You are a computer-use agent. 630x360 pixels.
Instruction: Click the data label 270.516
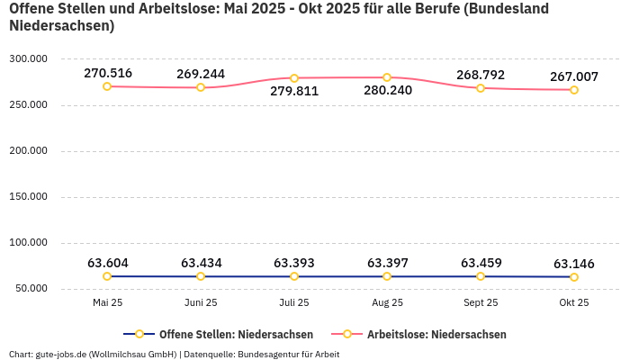click(x=107, y=73)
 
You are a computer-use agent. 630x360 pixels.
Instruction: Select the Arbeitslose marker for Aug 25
click(x=387, y=77)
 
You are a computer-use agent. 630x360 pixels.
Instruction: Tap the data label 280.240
click(x=388, y=91)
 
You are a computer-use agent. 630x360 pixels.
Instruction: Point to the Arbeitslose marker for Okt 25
click(x=574, y=90)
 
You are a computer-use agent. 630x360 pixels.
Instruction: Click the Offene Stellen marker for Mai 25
click(x=107, y=276)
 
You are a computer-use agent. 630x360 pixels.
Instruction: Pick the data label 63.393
click(x=294, y=263)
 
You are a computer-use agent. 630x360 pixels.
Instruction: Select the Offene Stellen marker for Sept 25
click(x=481, y=276)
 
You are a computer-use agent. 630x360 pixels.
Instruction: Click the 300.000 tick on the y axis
click(x=28, y=58)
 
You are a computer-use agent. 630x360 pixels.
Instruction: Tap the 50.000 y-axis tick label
click(x=31, y=288)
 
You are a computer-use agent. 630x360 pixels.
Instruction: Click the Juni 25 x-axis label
click(x=201, y=303)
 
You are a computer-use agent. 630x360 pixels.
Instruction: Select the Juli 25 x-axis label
click(x=294, y=303)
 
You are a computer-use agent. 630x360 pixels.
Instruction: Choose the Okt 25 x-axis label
click(x=574, y=303)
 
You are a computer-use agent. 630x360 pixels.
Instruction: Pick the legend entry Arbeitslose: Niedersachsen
click(x=436, y=334)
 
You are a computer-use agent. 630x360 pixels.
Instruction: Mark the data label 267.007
click(x=574, y=76)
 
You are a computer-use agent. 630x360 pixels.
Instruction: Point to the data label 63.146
click(x=574, y=264)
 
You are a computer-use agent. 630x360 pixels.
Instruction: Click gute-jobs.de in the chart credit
click(x=59, y=354)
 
